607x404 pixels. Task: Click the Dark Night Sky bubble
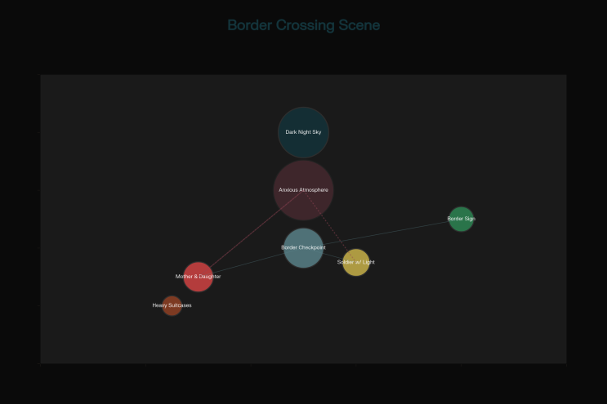[x=304, y=132]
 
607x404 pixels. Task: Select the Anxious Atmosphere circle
[x=304, y=190]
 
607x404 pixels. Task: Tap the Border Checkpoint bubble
[x=304, y=248]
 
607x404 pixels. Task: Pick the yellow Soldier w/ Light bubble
[x=356, y=263]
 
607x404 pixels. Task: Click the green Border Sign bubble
[x=461, y=219]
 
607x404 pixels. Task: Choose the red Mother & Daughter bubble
[x=199, y=277]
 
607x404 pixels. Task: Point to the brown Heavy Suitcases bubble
[x=172, y=305]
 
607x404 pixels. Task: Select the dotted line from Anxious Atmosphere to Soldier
[x=330, y=226]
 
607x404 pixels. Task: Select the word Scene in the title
[x=359, y=25]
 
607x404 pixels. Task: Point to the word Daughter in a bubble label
[x=209, y=277]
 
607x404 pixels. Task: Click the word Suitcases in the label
[x=179, y=305]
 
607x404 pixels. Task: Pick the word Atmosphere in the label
[x=314, y=190]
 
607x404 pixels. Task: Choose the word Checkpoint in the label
[x=312, y=248]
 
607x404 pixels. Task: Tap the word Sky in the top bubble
[x=317, y=132]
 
